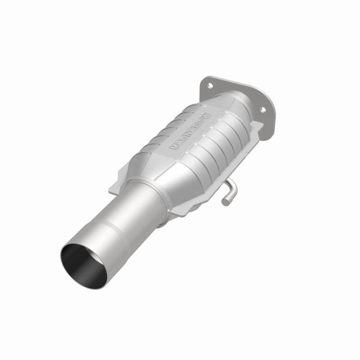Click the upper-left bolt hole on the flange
click(x=209, y=85)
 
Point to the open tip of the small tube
click(x=225, y=202)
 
